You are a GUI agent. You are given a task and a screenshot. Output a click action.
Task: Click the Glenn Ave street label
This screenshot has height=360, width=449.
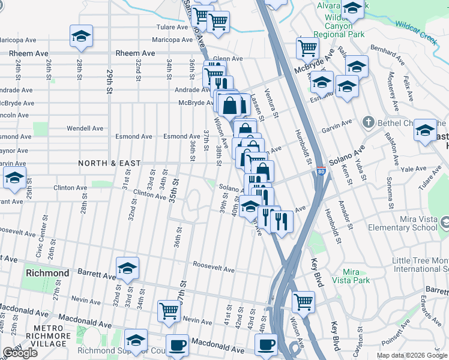point(228,59)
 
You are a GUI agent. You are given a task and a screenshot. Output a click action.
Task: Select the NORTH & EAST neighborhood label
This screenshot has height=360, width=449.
point(110,163)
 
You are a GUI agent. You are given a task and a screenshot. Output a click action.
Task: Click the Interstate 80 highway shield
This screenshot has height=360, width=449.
point(321,171)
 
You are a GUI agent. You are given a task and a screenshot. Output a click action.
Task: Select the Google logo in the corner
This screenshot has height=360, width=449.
point(20,352)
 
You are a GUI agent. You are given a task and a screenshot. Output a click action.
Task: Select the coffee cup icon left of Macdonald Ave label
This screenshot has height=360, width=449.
point(176,346)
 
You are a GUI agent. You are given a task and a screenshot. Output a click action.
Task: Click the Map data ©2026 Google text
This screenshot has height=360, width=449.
point(411,355)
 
